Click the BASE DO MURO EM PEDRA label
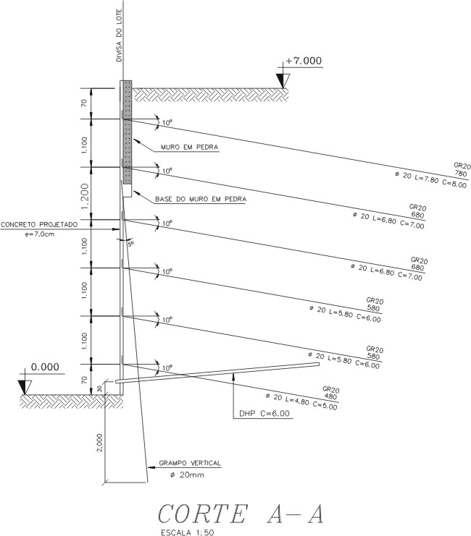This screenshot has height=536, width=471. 201,198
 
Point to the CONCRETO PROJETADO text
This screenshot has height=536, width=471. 48,224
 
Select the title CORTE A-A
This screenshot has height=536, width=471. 239,513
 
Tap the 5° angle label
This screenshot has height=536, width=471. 131,244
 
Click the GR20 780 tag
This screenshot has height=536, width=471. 461,170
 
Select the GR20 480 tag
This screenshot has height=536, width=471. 330,392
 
